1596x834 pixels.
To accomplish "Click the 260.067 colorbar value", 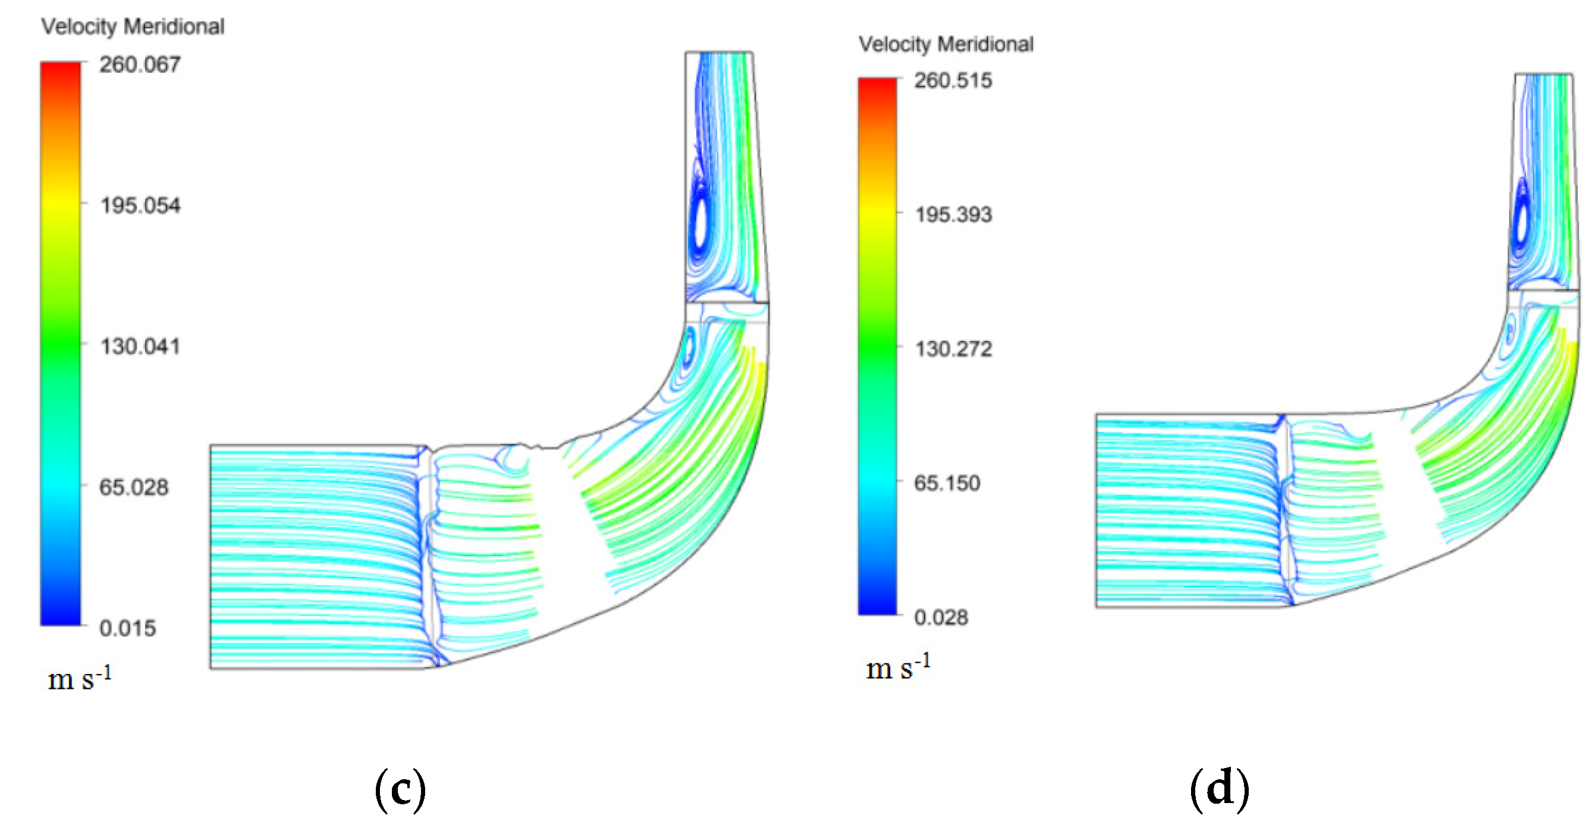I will pyautogui.click(x=140, y=64).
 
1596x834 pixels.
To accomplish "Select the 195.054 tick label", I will pyautogui.click(x=140, y=205).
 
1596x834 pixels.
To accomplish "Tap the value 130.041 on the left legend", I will pyautogui.click(x=140, y=346).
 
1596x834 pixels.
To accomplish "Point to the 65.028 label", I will pyautogui.click(x=134, y=487).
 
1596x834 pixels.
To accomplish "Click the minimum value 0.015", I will pyautogui.click(x=128, y=628).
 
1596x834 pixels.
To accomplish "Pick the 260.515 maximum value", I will pyautogui.click(x=953, y=80).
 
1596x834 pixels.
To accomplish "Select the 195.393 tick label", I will pyautogui.click(x=953, y=214).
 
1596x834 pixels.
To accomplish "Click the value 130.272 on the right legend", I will pyautogui.click(x=953, y=349).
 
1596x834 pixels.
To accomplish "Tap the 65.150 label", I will pyautogui.click(x=947, y=482).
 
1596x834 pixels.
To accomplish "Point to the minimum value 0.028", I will pyautogui.click(x=941, y=617).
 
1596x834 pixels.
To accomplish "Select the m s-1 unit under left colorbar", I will pyautogui.click(x=79, y=679).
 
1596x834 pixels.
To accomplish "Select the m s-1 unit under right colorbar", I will pyautogui.click(x=898, y=667).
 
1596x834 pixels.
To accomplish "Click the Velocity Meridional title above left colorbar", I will pyautogui.click(x=133, y=27).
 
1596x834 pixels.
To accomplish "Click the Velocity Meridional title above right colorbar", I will pyautogui.click(x=945, y=44).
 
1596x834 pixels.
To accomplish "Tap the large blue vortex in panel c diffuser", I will pyautogui.click(x=701, y=226).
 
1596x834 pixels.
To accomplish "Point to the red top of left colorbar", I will pyautogui.click(x=61, y=71).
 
